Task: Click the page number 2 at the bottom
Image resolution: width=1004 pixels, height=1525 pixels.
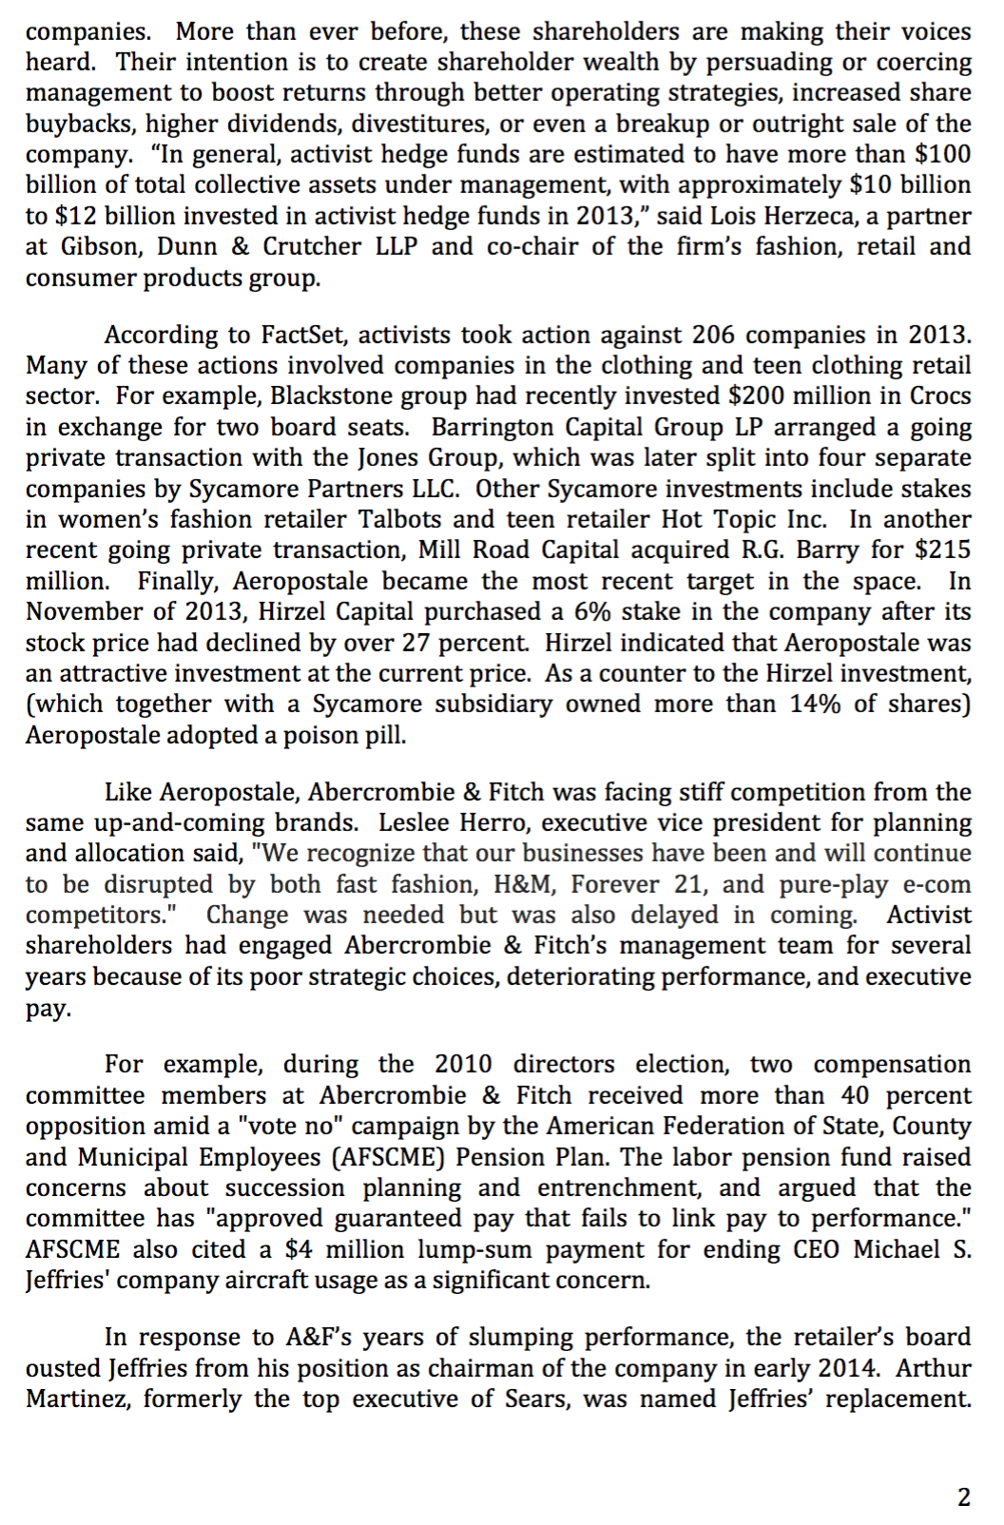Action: point(963,1497)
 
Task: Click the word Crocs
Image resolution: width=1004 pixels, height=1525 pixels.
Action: point(941,396)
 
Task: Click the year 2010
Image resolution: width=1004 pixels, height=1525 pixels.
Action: point(464,1064)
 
